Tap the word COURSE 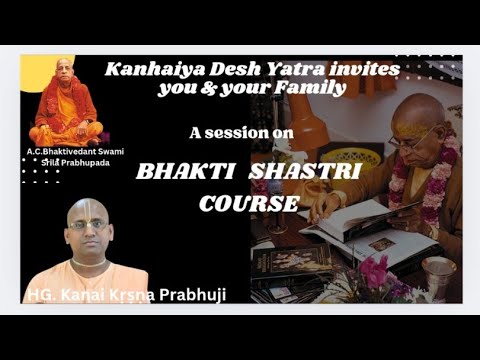tap(248, 202)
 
